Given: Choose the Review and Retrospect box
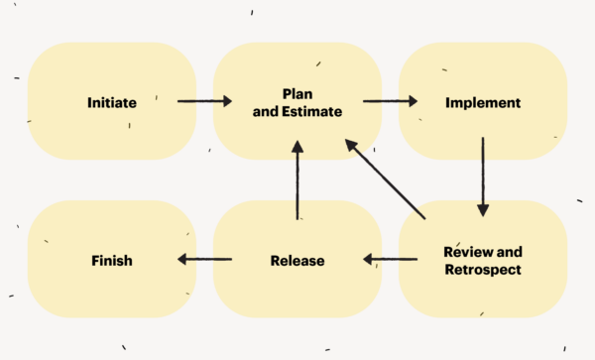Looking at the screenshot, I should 483,288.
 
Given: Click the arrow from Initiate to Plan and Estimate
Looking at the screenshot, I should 204,101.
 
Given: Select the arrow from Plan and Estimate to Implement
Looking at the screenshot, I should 389,101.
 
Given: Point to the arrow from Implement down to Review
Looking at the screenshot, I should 483,177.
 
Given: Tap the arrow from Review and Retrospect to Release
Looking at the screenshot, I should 389,261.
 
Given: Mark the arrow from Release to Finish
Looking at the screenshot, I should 204,261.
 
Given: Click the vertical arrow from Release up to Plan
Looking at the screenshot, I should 297,180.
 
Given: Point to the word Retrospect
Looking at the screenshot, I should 483,269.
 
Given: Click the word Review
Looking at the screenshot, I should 466,251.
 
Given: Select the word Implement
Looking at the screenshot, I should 483,102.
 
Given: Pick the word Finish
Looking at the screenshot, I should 112,261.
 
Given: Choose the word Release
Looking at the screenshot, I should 297,261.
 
